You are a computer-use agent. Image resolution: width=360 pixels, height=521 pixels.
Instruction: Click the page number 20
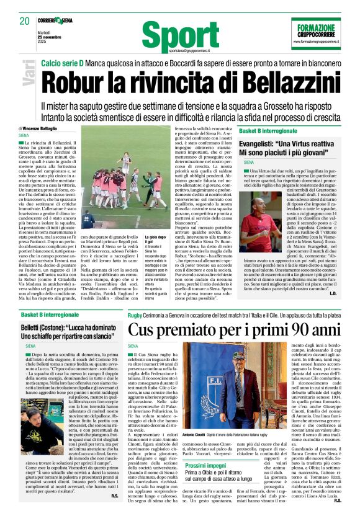[25, 20]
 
